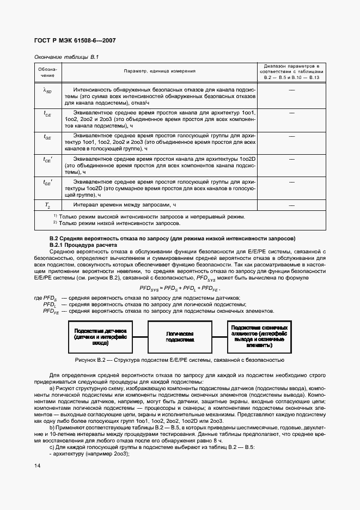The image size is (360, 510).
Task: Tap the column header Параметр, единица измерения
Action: point(160,71)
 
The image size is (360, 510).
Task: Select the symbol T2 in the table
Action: point(47,205)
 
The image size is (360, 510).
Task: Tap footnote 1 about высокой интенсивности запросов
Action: point(149,217)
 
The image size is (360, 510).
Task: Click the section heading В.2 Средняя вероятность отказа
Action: point(172,238)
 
